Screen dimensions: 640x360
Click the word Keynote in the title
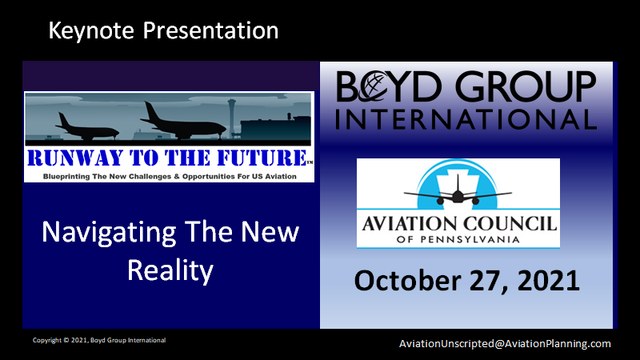point(91,31)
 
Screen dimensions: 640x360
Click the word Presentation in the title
point(210,30)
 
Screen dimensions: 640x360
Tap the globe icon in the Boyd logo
point(372,86)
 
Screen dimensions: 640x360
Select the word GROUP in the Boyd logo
point(526,86)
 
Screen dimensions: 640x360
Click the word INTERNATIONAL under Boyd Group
point(466,119)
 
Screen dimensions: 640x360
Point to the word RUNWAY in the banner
point(75,158)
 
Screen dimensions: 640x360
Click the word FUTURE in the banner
point(262,158)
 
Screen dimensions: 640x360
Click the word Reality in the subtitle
point(170,271)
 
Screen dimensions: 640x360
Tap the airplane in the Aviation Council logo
point(458,192)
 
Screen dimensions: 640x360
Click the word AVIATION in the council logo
point(410,224)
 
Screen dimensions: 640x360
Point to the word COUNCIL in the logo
point(510,224)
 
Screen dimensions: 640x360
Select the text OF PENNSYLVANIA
point(458,239)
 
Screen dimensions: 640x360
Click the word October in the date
point(408,281)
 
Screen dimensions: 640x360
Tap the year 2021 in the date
point(549,281)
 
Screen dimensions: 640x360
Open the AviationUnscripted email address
point(505,344)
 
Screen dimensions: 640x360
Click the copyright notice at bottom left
point(99,340)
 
